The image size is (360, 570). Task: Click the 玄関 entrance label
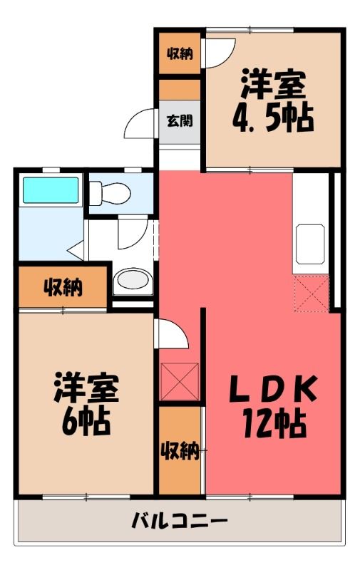point(180,120)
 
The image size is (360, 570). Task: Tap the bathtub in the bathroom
point(51,190)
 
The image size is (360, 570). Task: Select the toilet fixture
point(110,192)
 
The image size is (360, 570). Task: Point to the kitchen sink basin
point(310,244)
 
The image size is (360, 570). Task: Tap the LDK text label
point(274,388)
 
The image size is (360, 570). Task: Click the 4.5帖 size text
point(273,118)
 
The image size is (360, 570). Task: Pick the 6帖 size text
point(86,420)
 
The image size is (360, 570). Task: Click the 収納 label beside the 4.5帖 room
point(180,54)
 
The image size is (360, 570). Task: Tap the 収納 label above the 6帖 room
point(63,288)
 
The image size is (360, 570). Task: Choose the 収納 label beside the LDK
point(180,451)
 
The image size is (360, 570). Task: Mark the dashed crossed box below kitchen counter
point(312,294)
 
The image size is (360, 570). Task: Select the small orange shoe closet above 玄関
point(180,90)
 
